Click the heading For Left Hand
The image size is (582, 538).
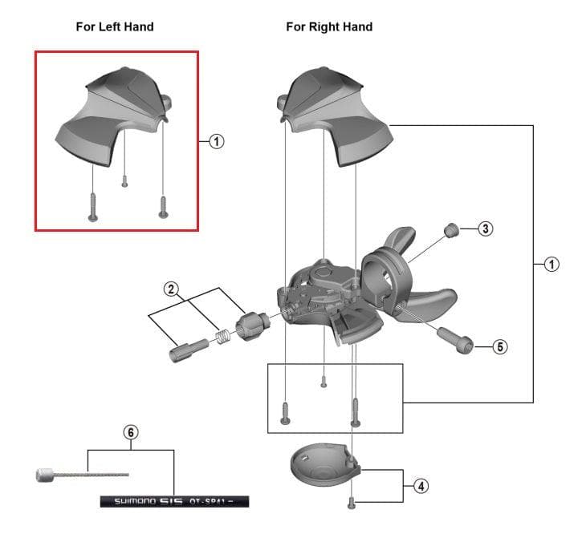[114, 26]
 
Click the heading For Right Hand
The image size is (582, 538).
[329, 26]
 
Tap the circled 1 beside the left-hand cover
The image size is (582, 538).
[216, 141]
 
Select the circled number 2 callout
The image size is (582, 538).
[170, 289]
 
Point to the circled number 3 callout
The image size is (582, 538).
[485, 229]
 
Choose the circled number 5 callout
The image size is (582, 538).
[499, 347]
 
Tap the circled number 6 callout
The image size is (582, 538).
[131, 432]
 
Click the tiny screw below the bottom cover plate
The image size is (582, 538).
[351, 503]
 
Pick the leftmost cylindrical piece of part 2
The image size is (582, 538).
[182, 350]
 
